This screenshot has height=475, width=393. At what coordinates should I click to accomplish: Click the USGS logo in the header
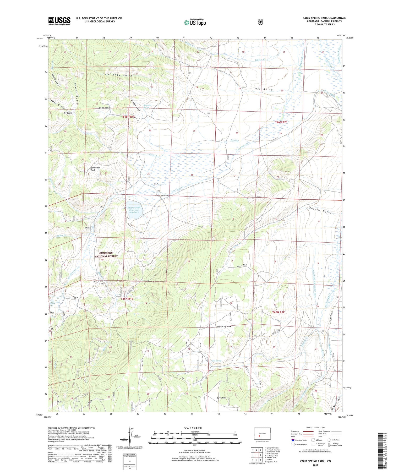59,21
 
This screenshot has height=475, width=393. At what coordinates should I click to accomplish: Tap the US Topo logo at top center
195,22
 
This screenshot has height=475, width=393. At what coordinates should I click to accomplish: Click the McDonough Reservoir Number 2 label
134,210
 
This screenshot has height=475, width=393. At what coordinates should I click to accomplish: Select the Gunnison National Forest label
106,254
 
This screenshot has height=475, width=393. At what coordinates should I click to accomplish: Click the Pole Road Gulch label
118,75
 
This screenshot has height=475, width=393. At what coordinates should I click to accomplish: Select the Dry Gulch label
264,90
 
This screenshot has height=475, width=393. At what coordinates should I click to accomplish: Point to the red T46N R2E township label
281,122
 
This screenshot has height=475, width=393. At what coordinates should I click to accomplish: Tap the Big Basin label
68,113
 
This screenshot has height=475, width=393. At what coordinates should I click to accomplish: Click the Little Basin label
104,108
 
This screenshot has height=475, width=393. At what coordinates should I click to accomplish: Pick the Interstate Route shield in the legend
293,440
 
